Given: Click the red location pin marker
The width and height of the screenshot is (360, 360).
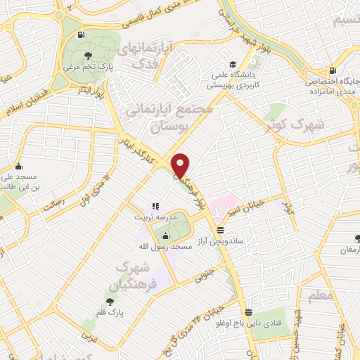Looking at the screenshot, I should (x=181, y=165).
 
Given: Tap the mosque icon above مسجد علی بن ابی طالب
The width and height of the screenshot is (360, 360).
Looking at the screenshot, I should (x=18, y=167).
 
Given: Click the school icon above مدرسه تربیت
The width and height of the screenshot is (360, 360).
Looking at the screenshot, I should (x=155, y=207).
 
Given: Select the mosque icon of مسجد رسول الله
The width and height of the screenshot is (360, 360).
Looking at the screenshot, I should (x=166, y=236).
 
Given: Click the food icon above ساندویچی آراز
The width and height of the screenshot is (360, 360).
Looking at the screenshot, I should (x=221, y=229).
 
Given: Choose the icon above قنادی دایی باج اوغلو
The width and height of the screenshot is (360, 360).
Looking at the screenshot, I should (x=247, y=313).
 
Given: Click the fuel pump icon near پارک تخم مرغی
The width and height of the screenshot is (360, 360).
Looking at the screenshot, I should (x=82, y=34).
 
